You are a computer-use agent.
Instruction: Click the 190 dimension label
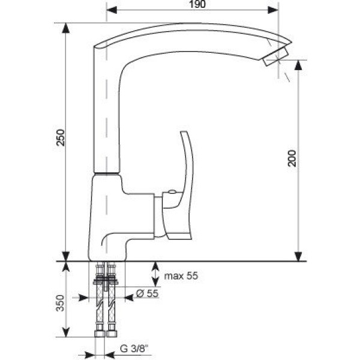pos(197,4)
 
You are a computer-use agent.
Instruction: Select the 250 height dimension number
pos(61,138)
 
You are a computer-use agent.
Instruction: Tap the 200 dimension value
pos(292,158)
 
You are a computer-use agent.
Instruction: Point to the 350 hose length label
pos(61,303)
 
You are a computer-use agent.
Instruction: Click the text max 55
pos(181,276)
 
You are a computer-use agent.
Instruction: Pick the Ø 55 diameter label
pos(147,293)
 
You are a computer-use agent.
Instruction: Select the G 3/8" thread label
pos(134,349)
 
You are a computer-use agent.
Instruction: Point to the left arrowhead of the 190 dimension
pos(112,10)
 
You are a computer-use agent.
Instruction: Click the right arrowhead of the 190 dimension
pos(273,10)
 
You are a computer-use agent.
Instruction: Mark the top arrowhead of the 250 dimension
pos(66,28)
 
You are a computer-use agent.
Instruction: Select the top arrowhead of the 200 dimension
pos(298,65)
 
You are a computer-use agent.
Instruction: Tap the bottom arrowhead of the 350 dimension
pos(66,332)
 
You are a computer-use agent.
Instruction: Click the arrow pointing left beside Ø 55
pos(129,298)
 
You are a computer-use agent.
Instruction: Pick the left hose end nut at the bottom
pos(100,334)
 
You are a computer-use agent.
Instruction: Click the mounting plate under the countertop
pos(106,281)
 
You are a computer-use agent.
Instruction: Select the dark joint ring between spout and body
pos(107,173)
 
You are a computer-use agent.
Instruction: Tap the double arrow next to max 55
pos(155,274)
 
